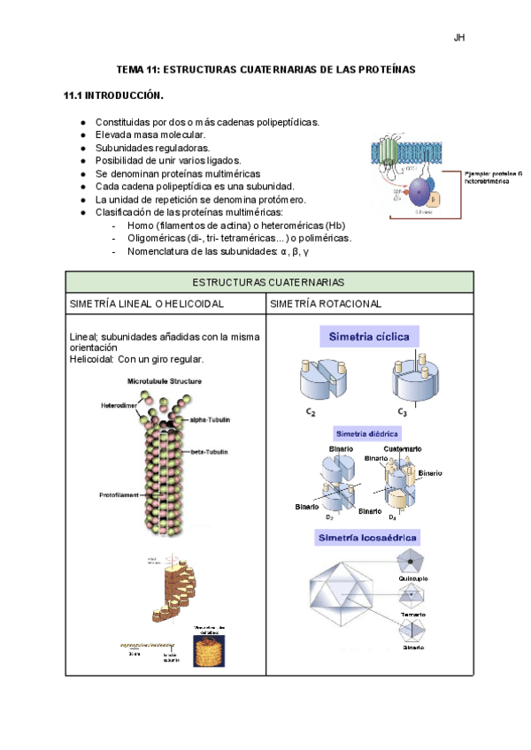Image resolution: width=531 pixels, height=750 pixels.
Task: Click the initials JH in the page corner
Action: click(459, 38)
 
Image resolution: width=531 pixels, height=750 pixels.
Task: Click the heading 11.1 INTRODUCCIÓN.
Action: click(114, 95)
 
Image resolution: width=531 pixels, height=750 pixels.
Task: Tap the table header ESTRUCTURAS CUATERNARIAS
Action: click(269, 281)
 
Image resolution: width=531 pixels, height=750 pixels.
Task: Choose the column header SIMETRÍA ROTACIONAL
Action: click(326, 303)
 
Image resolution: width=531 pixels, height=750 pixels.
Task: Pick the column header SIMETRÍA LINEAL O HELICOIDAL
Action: click(147, 303)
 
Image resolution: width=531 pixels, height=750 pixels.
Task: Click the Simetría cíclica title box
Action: click(370, 337)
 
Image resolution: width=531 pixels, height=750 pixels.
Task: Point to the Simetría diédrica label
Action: click(366, 434)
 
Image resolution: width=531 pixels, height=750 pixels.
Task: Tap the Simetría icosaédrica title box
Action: click(364, 538)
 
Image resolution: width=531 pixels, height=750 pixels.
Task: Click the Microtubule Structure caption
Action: click(165, 381)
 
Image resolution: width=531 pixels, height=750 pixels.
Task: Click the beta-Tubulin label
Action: click(210, 452)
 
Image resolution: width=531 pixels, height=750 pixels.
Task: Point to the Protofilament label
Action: click(119, 495)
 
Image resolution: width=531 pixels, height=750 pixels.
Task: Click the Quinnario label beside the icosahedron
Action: click(413, 578)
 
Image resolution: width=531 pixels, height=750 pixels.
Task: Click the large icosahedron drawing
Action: click(342, 596)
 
